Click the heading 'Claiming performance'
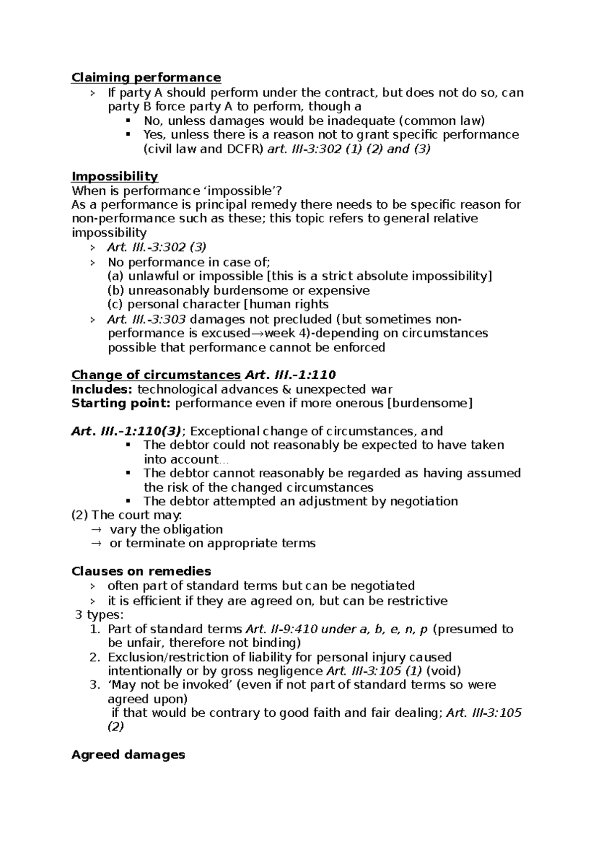[x=146, y=78]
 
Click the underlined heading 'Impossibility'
[x=115, y=176]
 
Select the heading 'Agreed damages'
[x=128, y=755]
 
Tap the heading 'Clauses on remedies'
[x=141, y=571]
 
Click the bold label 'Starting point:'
[x=121, y=403]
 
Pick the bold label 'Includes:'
[x=102, y=389]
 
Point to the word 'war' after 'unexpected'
[x=382, y=389]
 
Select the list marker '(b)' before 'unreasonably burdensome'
[x=116, y=290]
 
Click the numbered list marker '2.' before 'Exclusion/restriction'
[x=95, y=657]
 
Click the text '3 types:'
[x=99, y=615]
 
